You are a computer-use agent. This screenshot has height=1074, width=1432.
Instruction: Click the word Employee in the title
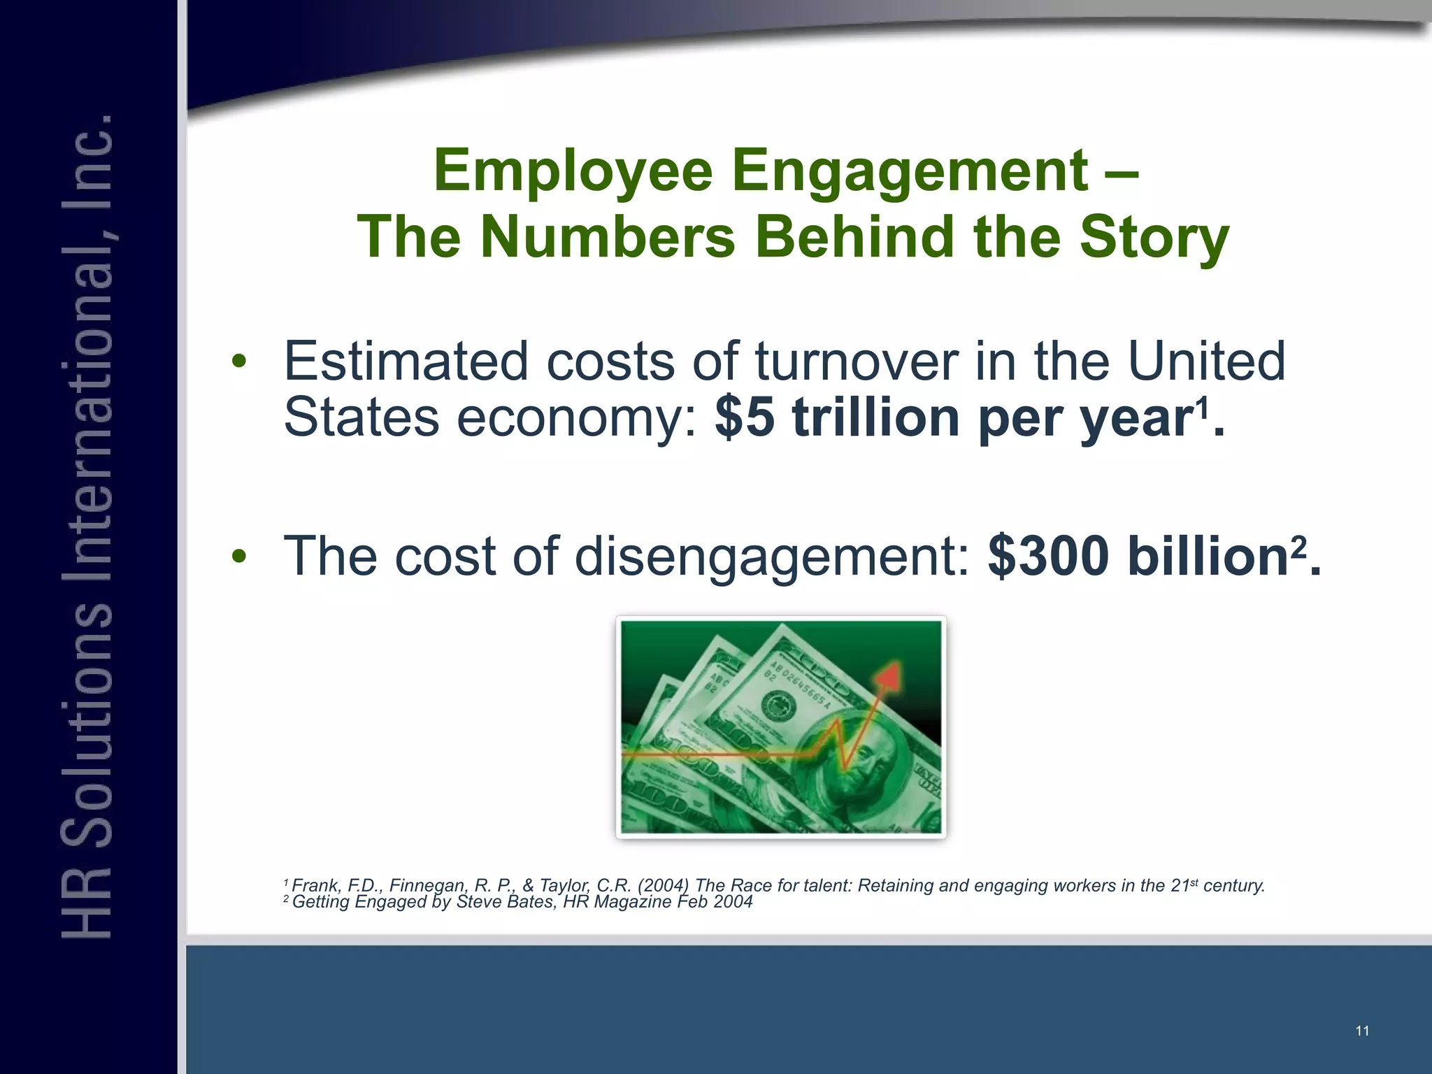573,171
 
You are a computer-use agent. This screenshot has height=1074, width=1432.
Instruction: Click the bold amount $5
745,418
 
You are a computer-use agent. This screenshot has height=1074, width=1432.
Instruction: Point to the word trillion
876,418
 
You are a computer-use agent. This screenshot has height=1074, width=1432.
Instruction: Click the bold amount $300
1048,557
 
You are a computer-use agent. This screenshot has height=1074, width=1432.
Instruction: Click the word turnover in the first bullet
857,361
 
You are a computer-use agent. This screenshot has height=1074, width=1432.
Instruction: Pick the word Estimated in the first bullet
406,361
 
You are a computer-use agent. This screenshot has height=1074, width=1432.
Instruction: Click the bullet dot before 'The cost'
239,557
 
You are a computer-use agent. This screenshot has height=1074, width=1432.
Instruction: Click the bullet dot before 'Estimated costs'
239,361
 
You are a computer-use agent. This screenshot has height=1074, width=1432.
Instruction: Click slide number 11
1362,1031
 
